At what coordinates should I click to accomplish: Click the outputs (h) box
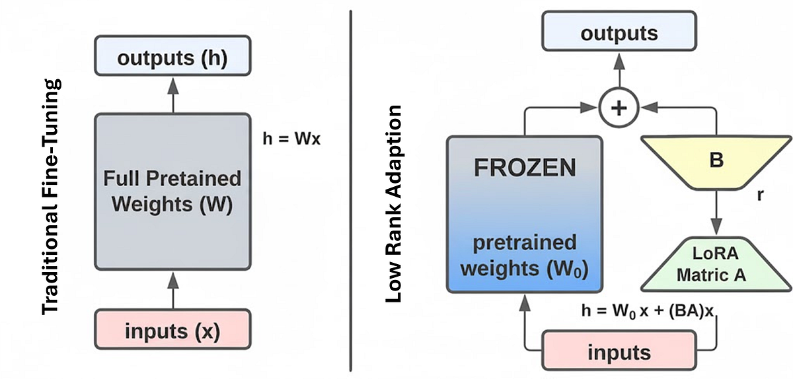click(x=172, y=58)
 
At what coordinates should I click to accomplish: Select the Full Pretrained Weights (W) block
click(x=172, y=191)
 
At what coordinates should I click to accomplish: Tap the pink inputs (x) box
click(x=172, y=329)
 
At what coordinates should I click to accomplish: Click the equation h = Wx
click(x=291, y=141)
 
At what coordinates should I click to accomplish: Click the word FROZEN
click(x=524, y=168)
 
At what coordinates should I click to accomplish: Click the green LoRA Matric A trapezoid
click(x=716, y=265)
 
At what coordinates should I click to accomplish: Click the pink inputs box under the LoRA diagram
click(x=619, y=351)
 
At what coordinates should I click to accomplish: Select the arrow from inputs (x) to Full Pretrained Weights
click(x=172, y=290)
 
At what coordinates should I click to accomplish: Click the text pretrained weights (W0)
click(x=524, y=256)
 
